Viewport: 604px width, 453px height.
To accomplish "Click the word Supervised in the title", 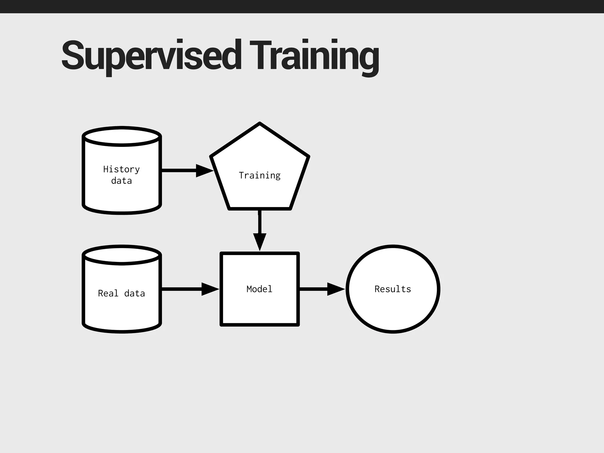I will pyautogui.click(x=151, y=56).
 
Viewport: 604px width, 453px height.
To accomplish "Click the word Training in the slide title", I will pyautogui.click(x=314, y=56).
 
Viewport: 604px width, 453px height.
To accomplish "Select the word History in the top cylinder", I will pyautogui.click(x=121, y=169).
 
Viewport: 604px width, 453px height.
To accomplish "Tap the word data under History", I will pyautogui.click(x=121, y=180).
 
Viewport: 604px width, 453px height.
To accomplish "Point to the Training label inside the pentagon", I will pyautogui.click(x=260, y=175).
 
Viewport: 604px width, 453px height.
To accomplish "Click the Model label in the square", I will pyautogui.click(x=260, y=289).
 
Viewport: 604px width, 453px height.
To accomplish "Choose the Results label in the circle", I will pyautogui.click(x=393, y=289).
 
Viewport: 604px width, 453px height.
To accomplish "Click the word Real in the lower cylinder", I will pyautogui.click(x=108, y=293).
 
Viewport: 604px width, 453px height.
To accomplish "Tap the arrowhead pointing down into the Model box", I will pyautogui.click(x=260, y=241).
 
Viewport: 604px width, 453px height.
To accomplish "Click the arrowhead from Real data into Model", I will pyautogui.click(x=210, y=289).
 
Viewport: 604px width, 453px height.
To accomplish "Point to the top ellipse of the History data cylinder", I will pyautogui.click(x=122, y=137).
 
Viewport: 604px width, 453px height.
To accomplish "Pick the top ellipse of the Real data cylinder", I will pyautogui.click(x=122, y=255).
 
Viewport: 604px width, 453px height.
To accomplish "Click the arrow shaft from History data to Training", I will pyautogui.click(x=179, y=170).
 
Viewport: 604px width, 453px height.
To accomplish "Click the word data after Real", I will pyautogui.click(x=134, y=293).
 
